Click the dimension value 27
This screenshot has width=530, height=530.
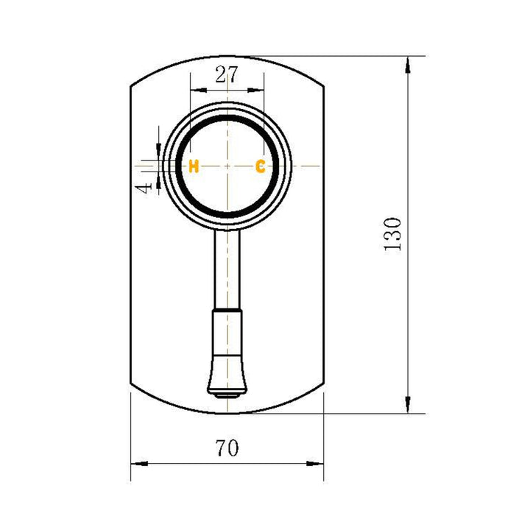(x=227, y=74)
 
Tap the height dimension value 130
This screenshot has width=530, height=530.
(x=392, y=234)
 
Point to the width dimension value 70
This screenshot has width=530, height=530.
(x=227, y=447)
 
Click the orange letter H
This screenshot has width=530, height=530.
(x=194, y=166)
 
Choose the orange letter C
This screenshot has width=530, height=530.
(x=260, y=166)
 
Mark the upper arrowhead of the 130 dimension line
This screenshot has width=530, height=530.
(x=407, y=65)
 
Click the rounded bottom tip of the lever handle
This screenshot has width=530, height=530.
(x=227, y=393)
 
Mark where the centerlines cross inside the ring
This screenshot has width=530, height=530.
(x=227, y=166)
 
